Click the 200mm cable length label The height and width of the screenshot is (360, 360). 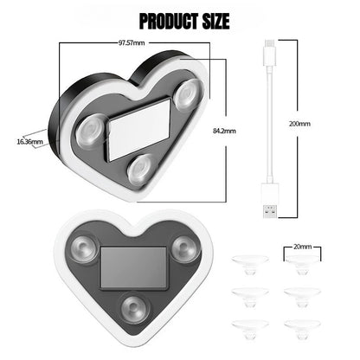click(x=299, y=125)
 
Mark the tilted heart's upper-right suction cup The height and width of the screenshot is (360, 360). click(x=183, y=96)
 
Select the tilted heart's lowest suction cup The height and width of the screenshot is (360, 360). click(x=138, y=170)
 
